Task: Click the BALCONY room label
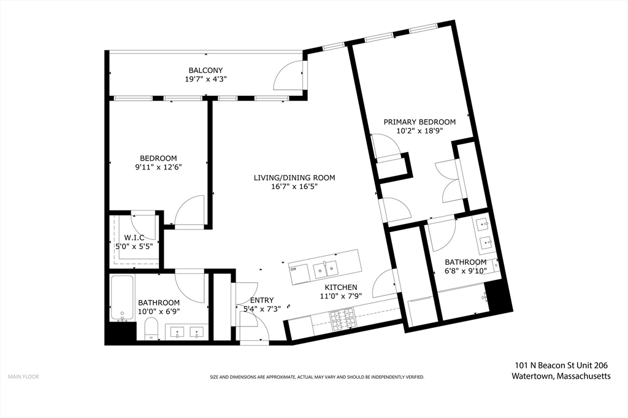[205, 71]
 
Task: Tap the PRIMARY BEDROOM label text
[419, 122]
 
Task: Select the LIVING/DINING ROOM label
[294, 177]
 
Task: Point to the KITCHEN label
[340, 287]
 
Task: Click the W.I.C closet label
[134, 238]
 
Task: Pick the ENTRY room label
[261, 300]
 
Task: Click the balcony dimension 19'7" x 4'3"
[205, 79]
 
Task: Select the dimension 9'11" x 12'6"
[158, 167]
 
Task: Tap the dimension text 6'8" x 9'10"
[465, 271]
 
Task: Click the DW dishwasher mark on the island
[293, 269]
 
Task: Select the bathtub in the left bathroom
[123, 298]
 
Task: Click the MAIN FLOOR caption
[24, 377]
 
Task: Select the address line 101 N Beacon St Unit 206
[561, 365]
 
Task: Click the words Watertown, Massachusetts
[561, 376]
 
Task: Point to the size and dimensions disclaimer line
[317, 377]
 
